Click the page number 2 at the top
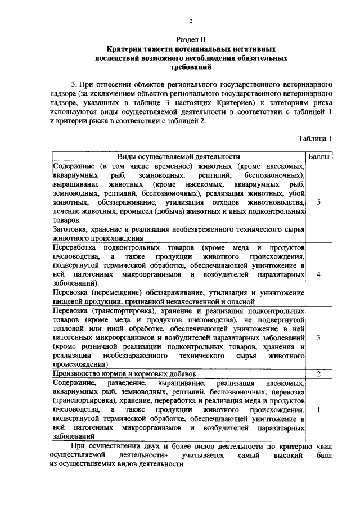pyautogui.click(x=191, y=21)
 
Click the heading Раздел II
pyautogui.click(x=191, y=40)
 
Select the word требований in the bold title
pyautogui.click(x=191, y=67)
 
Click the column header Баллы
pyautogui.click(x=319, y=157)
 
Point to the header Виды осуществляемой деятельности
pyautogui.click(x=179, y=157)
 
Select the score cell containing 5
pyautogui.click(x=319, y=202)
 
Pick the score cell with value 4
pyautogui.click(x=319, y=274)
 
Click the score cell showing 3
pyautogui.click(x=319, y=337)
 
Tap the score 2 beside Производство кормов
pyautogui.click(x=319, y=373)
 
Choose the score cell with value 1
pyautogui.click(x=319, y=409)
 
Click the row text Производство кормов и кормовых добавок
pyautogui.click(x=124, y=373)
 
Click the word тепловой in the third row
pyautogui.click(x=67, y=328)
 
